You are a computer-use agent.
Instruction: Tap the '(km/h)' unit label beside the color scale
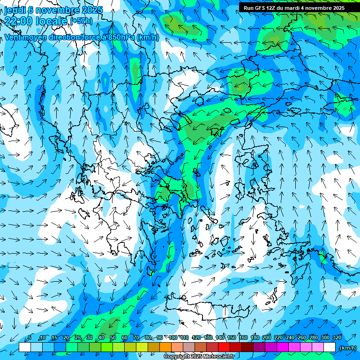click(x=347, y=348)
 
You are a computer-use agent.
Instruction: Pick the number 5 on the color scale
click(x=30, y=337)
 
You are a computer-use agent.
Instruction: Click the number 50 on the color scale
click(x=113, y=337)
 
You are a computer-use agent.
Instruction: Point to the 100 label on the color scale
click(x=173, y=337)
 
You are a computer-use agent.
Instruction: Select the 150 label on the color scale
click(x=232, y=337)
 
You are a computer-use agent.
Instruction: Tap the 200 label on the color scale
click(x=267, y=337)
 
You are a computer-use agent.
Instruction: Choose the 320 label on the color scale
click(x=337, y=337)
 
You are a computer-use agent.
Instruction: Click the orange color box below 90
click(x=165, y=347)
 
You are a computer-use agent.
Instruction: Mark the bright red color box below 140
click(x=224, y=347)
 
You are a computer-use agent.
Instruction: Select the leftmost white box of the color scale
click(x=24, y=347)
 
